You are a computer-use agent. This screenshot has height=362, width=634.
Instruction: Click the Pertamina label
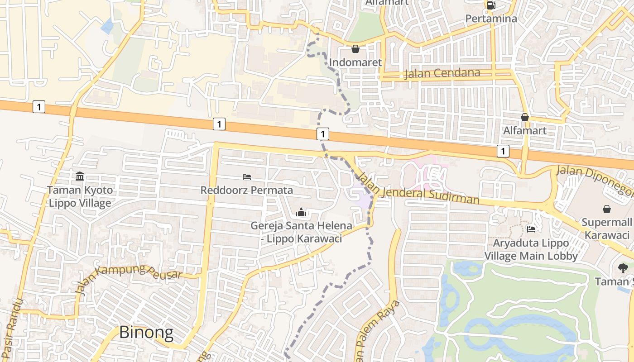click(x=491, y=19)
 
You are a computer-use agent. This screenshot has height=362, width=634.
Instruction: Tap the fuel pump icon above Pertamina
click(x=491, y=5)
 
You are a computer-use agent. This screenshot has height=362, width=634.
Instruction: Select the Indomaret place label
click(x=355, y=62)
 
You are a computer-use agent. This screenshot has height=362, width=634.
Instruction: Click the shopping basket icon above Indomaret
click(x=355, y=49)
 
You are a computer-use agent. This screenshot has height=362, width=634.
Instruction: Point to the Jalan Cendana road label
click(x=442, y=73)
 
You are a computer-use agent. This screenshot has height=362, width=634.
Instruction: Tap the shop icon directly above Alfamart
click(x=525, y=117)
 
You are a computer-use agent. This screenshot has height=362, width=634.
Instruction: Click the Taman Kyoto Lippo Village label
click(x=80, y=196)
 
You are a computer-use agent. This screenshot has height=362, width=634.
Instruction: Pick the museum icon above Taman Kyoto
click(x=80, y=176)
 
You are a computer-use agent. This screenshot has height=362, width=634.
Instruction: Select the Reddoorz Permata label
click(x=247, y=190)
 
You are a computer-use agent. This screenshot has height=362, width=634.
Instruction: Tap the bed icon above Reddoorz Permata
click(x=247, y=176)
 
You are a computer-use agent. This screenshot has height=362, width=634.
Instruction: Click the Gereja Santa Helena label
click(x=301, y=232)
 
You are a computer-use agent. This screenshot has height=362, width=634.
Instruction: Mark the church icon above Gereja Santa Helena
click(x=301, y=212)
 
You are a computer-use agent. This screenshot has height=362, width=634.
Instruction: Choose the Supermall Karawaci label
click(x=607, y=229)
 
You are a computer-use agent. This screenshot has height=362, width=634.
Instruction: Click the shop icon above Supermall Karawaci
click(x=607, y=209)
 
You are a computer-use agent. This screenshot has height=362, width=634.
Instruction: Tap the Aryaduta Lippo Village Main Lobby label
click(x=531, y=249)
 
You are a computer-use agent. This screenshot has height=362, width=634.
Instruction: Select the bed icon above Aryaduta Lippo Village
click(x=531, y=229)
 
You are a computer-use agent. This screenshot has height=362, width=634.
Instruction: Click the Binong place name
click(x=146, y=333)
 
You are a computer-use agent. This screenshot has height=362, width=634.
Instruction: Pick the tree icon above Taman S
click(x=623, y=268)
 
